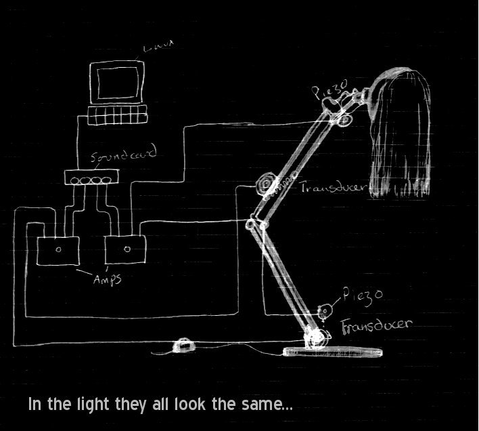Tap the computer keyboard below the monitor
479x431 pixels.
[x=118, y=115]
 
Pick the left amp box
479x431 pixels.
[x=58, y=251]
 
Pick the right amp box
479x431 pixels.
[x=125, y=249]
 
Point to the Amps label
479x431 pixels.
[x=107, y=279]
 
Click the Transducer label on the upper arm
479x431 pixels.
[x=334, y=186]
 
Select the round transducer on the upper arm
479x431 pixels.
[x=265, y=184]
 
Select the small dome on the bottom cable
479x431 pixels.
[x=183, y=346]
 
